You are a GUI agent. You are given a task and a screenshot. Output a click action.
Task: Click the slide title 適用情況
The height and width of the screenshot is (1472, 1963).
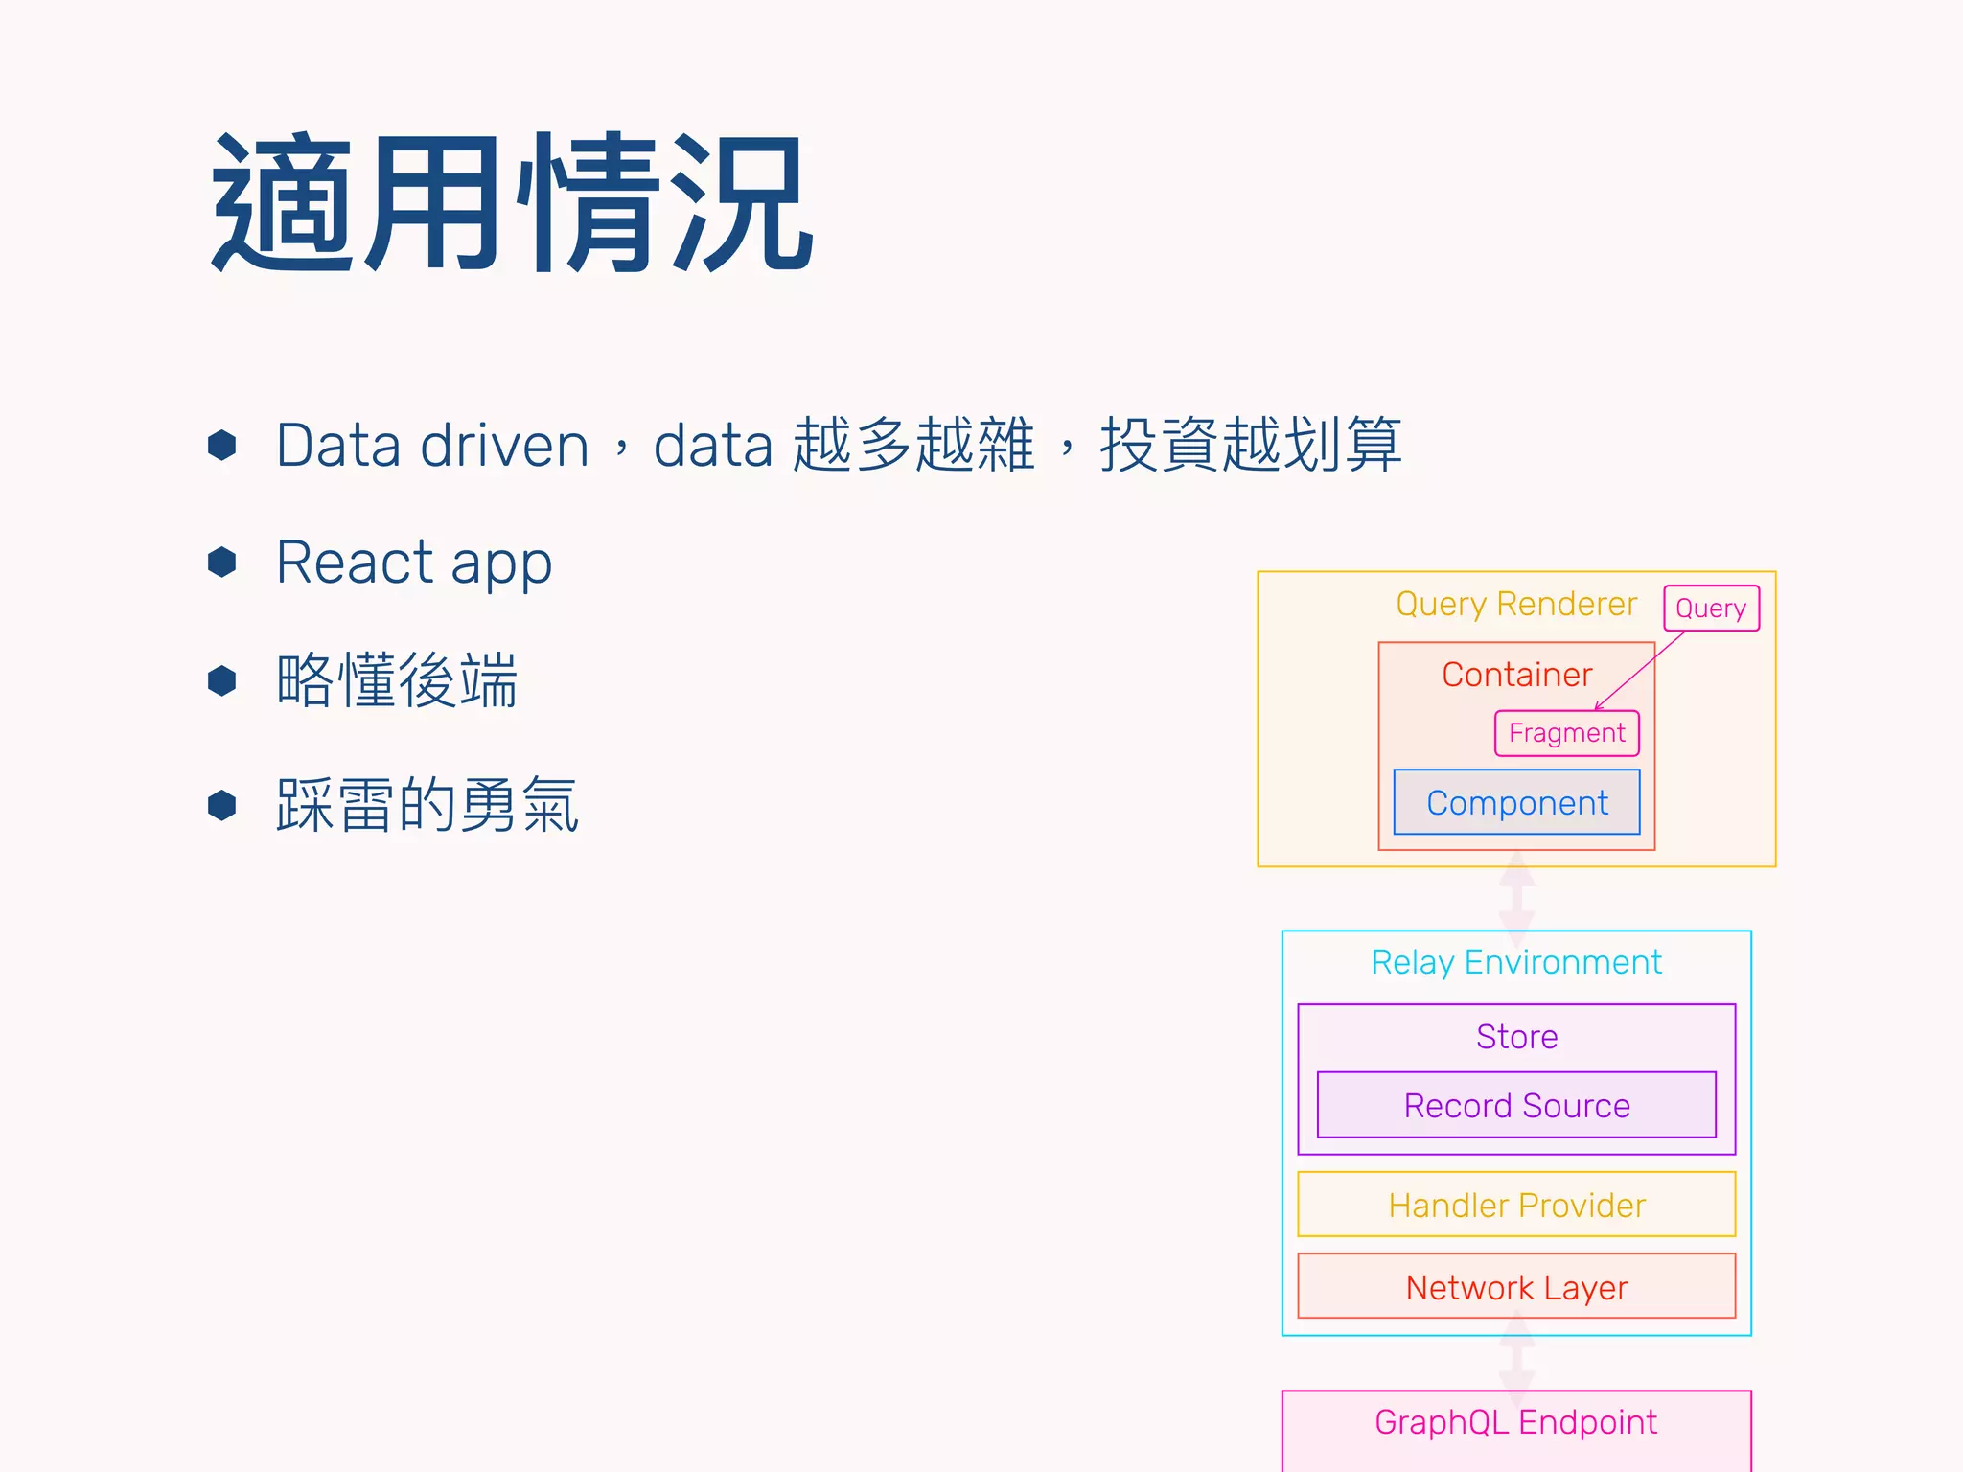(512, 203)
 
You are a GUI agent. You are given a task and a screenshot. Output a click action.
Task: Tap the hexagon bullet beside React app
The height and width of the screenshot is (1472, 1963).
(222, 562)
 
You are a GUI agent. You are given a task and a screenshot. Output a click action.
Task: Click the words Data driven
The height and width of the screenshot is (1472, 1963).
(432, 446)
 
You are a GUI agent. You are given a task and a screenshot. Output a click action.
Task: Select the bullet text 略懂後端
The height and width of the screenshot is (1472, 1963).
(397, 680)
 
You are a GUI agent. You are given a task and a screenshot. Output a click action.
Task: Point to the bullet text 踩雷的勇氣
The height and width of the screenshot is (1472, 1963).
(427, 805)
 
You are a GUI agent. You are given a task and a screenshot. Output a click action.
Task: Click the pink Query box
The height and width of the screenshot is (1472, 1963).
(1711, 609)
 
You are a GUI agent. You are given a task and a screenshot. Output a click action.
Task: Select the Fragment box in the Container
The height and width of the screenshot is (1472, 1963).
(1566, 733)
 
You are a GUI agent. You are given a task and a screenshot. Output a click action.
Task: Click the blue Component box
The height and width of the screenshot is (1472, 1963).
(1516, 803)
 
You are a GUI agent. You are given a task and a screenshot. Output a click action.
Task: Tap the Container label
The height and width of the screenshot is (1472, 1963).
(1516, 675)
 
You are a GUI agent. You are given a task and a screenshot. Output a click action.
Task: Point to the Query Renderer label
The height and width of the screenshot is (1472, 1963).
(1516, 604)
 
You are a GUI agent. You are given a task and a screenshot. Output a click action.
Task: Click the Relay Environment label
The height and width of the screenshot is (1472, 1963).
(1516, 962)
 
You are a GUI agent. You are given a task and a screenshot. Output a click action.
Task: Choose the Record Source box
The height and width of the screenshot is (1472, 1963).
(1516, 1105)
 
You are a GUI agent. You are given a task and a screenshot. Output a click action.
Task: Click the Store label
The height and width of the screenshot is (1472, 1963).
(1516, 1036)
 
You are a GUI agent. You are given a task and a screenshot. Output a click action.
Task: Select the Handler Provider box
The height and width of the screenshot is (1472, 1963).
(1516, 1205)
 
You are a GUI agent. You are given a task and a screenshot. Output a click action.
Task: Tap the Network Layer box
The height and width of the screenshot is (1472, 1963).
(1516, 1287)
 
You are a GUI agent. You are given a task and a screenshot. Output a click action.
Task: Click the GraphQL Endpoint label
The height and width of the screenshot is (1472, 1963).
(1516, 1422)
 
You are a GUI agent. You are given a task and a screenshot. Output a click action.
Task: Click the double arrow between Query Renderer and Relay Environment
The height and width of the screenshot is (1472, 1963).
(1516, 899)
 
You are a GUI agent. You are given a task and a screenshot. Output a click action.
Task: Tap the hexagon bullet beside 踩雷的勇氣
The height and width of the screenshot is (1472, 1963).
(222, 805)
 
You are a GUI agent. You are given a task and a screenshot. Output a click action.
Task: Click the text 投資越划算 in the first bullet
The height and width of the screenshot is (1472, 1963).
(1250, 446)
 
